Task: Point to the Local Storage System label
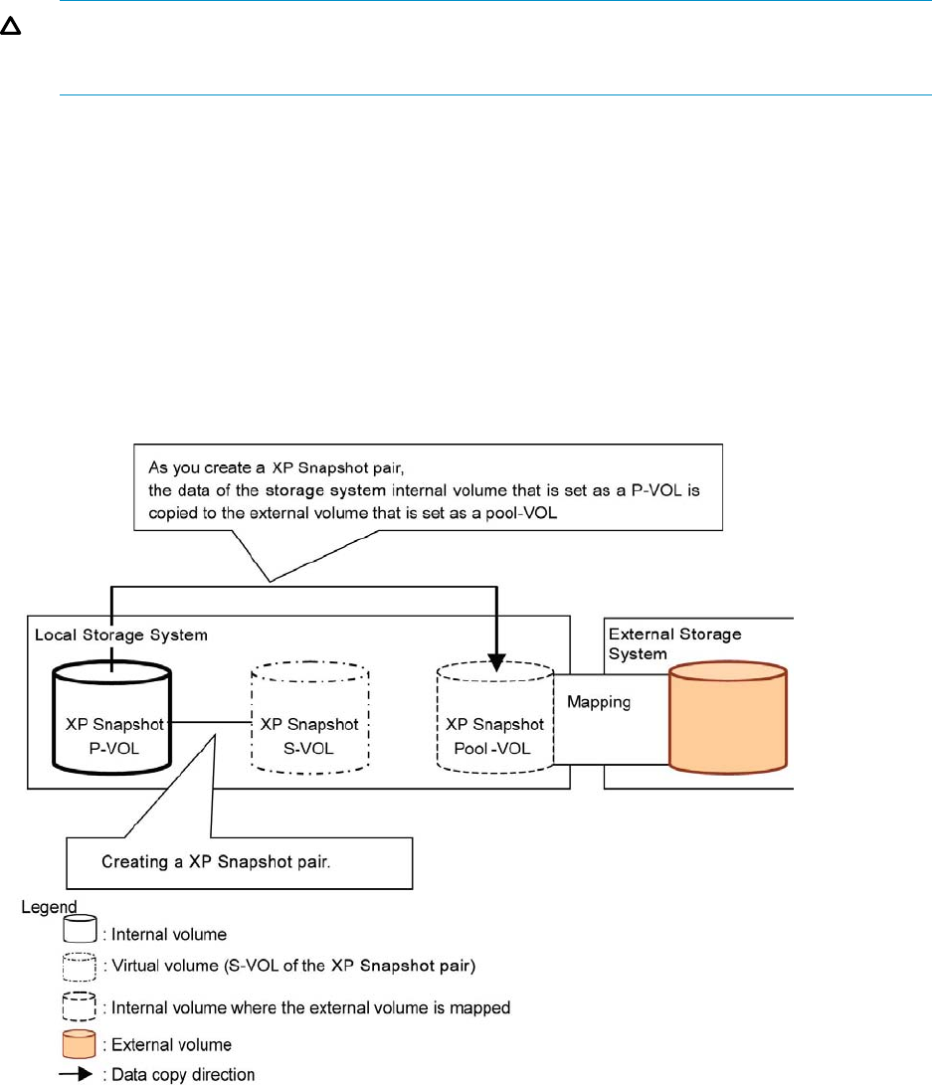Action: point(121,634)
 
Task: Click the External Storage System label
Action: point(674,643)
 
